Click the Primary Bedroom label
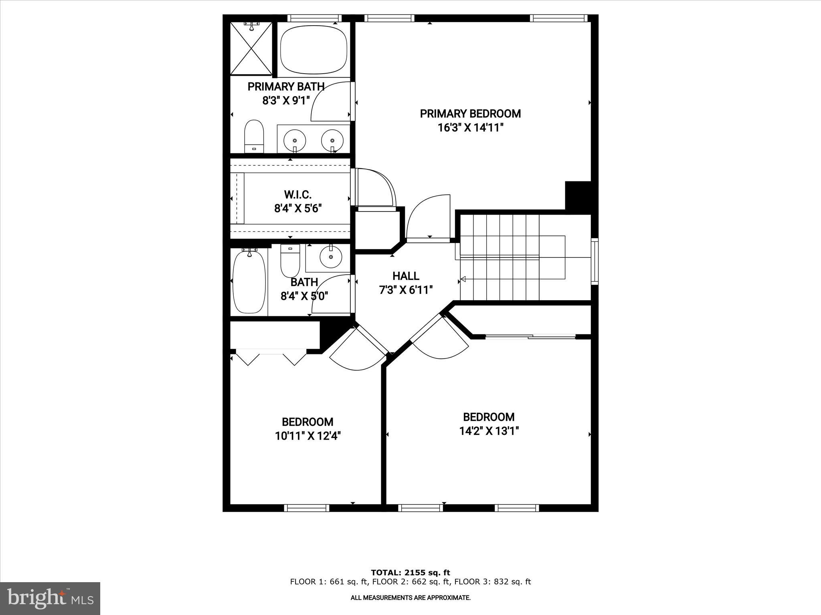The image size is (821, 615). [x=470, y=114]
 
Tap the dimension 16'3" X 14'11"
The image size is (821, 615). [x=470, y=128]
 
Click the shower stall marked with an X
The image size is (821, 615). [x=251, y=48]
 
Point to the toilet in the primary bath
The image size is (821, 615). [x=254, y=136]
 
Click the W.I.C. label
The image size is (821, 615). [x=298, y=195]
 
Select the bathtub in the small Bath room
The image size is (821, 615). [x=249, y=281]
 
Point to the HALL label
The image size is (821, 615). [x=406, y=276]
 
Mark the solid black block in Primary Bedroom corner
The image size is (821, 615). [x=578, y=195]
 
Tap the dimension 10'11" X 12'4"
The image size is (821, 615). [x=308, y=436]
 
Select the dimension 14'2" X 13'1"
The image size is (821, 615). [x=489, y=431]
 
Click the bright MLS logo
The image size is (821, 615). [x=50, y=598]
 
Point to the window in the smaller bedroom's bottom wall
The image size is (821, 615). [x=307, y=508]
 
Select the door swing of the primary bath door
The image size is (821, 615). [x=329, y=102]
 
